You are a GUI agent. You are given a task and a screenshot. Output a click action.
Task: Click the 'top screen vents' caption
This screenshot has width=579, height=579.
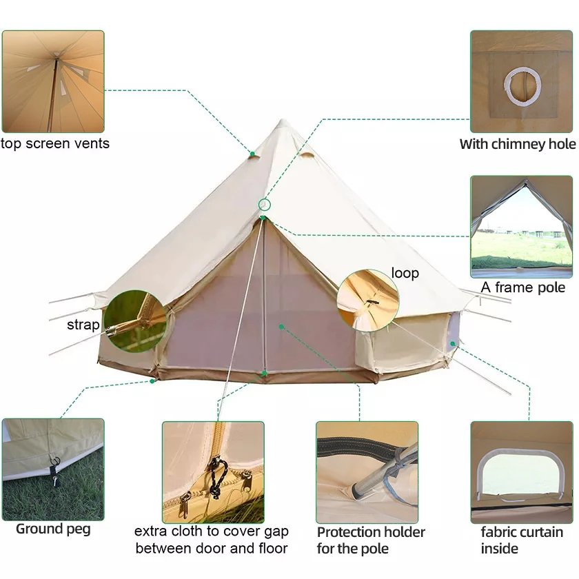[x=55, y=144]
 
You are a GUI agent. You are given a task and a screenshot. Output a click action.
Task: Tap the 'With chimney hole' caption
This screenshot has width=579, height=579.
[x=518, y=144]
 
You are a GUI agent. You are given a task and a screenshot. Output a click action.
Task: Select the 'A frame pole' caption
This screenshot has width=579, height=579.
[x=523, y=287]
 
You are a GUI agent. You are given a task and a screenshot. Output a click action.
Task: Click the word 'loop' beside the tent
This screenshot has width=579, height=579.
[x=405, y=273]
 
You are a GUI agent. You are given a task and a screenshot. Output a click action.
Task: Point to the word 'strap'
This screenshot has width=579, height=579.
[x=83, y=325]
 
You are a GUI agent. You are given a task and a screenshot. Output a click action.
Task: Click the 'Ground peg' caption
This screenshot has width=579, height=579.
[x=53, y=529]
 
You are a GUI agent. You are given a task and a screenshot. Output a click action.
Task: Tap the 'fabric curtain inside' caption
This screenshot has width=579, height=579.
[x=522, y=540]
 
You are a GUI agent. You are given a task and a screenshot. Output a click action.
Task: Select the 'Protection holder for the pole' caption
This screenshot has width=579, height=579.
[x=371, y=540]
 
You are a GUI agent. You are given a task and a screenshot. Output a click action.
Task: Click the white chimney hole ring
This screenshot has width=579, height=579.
[x=521, y=85]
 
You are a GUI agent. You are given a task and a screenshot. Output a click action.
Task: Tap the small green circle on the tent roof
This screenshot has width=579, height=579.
[x=265, y=205]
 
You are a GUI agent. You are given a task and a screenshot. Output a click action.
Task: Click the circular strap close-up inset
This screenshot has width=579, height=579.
[x=135, y=321]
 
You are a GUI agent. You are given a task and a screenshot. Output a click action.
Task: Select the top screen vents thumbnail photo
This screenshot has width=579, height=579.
[x=53, y=81]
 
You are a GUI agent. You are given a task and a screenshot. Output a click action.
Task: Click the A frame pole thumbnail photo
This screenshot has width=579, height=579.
[x=521, y=226]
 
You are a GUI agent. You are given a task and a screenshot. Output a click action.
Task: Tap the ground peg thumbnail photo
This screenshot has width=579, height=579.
[x=53, y=469]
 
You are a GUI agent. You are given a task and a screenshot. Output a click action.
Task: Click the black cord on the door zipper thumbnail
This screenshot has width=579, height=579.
[x=216, y=476]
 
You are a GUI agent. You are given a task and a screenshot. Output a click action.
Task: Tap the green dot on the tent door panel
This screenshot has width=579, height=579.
[x=280, y=325]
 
